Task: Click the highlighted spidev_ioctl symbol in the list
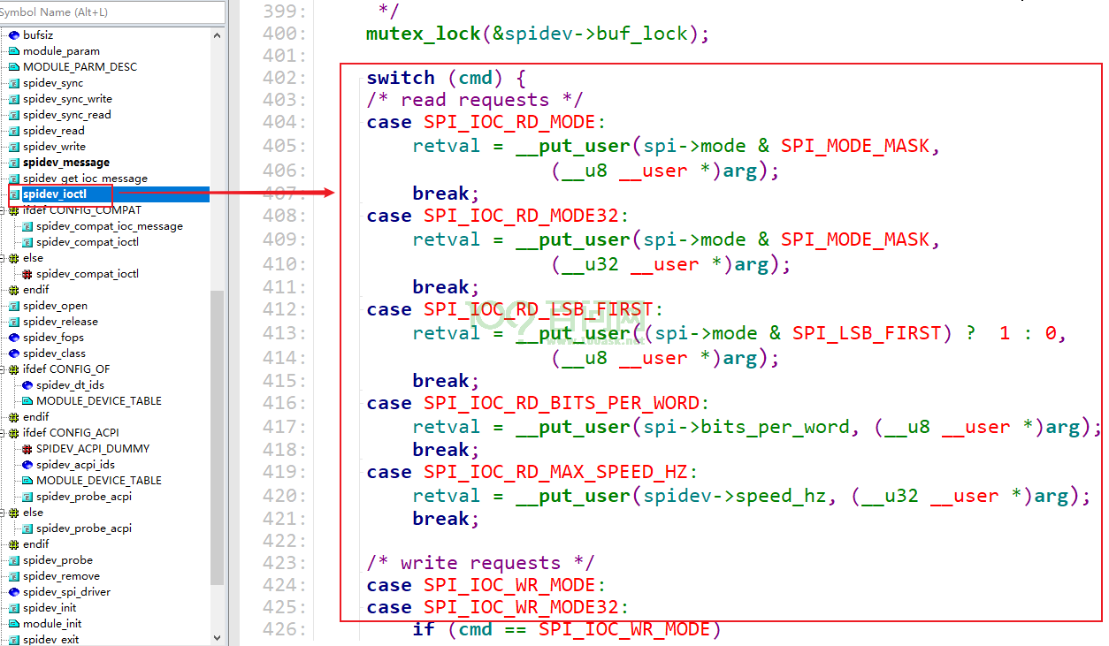click(x=55, y=194)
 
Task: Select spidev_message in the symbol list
click(x=66, y=163)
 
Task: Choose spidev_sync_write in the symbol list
click(x=67, y=99)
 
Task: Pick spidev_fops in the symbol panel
click(x=53, y=338)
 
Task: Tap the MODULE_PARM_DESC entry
click(x=80, y=67)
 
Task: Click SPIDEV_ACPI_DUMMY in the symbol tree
click(x=93, y=449)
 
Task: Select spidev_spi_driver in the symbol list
click(x=67, y=592)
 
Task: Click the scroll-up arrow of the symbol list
click(x=217, y=35)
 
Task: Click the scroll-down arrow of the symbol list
click(x=217, y=637)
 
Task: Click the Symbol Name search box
click(x=112, y=11)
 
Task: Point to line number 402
click(x=284, y=78)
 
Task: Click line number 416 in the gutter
click(x=284, y=403)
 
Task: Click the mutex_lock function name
click(x=424, y=34)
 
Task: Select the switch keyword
click(x=401, y=78)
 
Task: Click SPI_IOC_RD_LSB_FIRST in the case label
click(x=539, y=309)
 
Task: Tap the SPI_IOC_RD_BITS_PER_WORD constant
click(x=562, y=403)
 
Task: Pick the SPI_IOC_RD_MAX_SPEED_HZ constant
click(x=555, y=473)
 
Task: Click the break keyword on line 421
click(x=441, y=519)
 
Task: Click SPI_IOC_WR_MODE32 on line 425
click(x=521, y=607)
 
